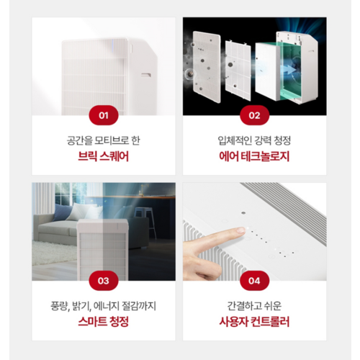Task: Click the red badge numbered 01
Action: [104, 115]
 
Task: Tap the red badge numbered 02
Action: [254, 115]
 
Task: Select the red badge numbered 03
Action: [104, 281]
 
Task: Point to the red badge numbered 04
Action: [254, 281]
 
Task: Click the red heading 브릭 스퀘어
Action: [104, 156]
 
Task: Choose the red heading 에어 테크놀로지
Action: [254, 156]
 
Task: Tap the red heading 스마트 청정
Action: [104, 322]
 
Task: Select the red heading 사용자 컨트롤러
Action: [254, 322]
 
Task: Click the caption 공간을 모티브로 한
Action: [104, 140]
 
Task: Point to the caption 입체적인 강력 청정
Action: [254, 140]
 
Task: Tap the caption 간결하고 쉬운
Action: [254, 306]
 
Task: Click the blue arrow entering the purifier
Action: [289, 70]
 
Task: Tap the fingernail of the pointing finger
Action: [240, 230]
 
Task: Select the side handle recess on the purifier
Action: [146, 75]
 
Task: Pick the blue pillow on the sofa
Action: [62, 212]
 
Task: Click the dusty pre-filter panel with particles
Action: [207, 68]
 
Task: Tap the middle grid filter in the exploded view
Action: [238, 71]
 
